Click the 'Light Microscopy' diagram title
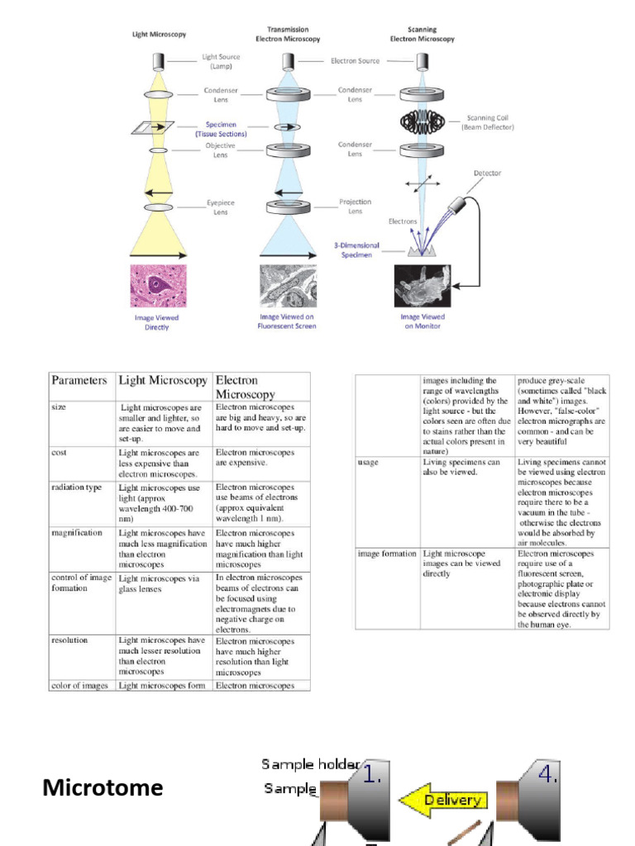(x=160, y=34)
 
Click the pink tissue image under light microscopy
(x=158, y=286)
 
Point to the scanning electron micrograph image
(x=422, y=286)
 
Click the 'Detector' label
(x=487, y=173)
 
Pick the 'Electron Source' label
(x=356, y=60)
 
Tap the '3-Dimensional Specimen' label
(x=356, y=250)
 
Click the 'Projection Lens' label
(x=355, y=206)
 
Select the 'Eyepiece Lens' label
(x=221, y=207)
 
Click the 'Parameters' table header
(x=79, y=381)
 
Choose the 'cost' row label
(x=59, y=453)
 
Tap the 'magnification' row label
(x=77, y=533)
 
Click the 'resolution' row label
(x=69, y=640)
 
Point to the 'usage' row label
(x=369, y=463)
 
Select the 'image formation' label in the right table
(x=387, y=554)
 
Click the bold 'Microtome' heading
(x=103, y=787)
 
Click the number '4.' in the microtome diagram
(x=547, y=774)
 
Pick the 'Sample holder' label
(x=310, y=764)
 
